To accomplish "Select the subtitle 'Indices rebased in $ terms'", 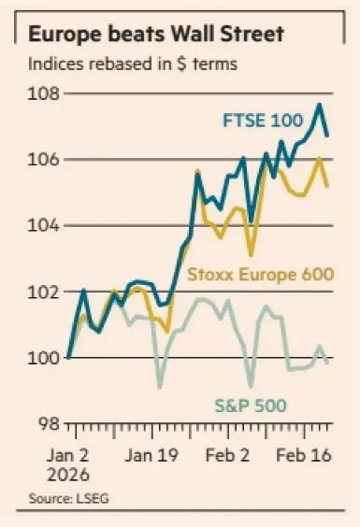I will tap(132, 64).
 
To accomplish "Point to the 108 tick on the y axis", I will tap(46, 94).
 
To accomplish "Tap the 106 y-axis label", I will tap(46, 160).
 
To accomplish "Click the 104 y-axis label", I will tap(46, 226).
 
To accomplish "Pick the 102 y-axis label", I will tap(46, 292).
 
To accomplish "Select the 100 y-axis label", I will tap(46, 358).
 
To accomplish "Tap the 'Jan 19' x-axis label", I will tap(151, 459).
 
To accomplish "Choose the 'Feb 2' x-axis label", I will tap(227, 459).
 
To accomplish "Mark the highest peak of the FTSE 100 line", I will tap(320, 104).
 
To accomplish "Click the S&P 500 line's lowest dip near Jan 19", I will tap(160, 386).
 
